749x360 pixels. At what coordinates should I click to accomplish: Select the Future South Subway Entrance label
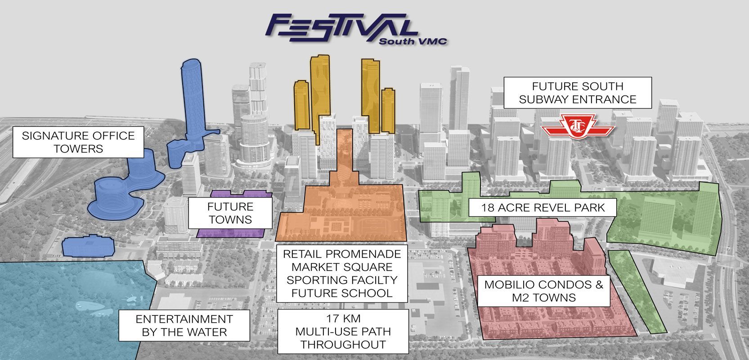click(578, 93)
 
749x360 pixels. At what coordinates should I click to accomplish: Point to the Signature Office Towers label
click(78, 142)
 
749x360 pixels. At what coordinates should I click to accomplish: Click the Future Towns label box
click(230, 213)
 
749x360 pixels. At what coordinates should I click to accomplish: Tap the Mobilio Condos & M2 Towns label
click(544, 291)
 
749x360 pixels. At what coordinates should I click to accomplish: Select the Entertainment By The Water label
click(184, 326)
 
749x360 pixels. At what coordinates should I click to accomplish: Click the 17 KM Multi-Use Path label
click(343, 332)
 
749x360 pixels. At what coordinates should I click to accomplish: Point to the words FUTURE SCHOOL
click(342, 293)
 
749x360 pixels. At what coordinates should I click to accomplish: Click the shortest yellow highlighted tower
click(388, 110)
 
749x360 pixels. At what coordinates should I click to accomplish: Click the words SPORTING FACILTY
click(342, 280)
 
